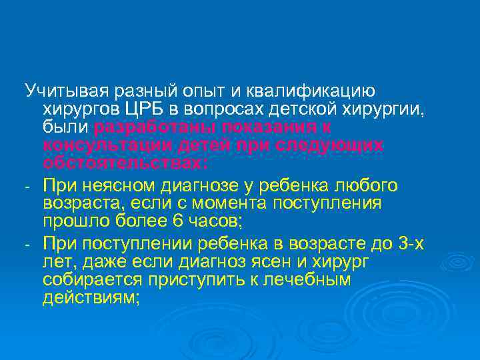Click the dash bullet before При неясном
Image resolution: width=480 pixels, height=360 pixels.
[x=27, y=185]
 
